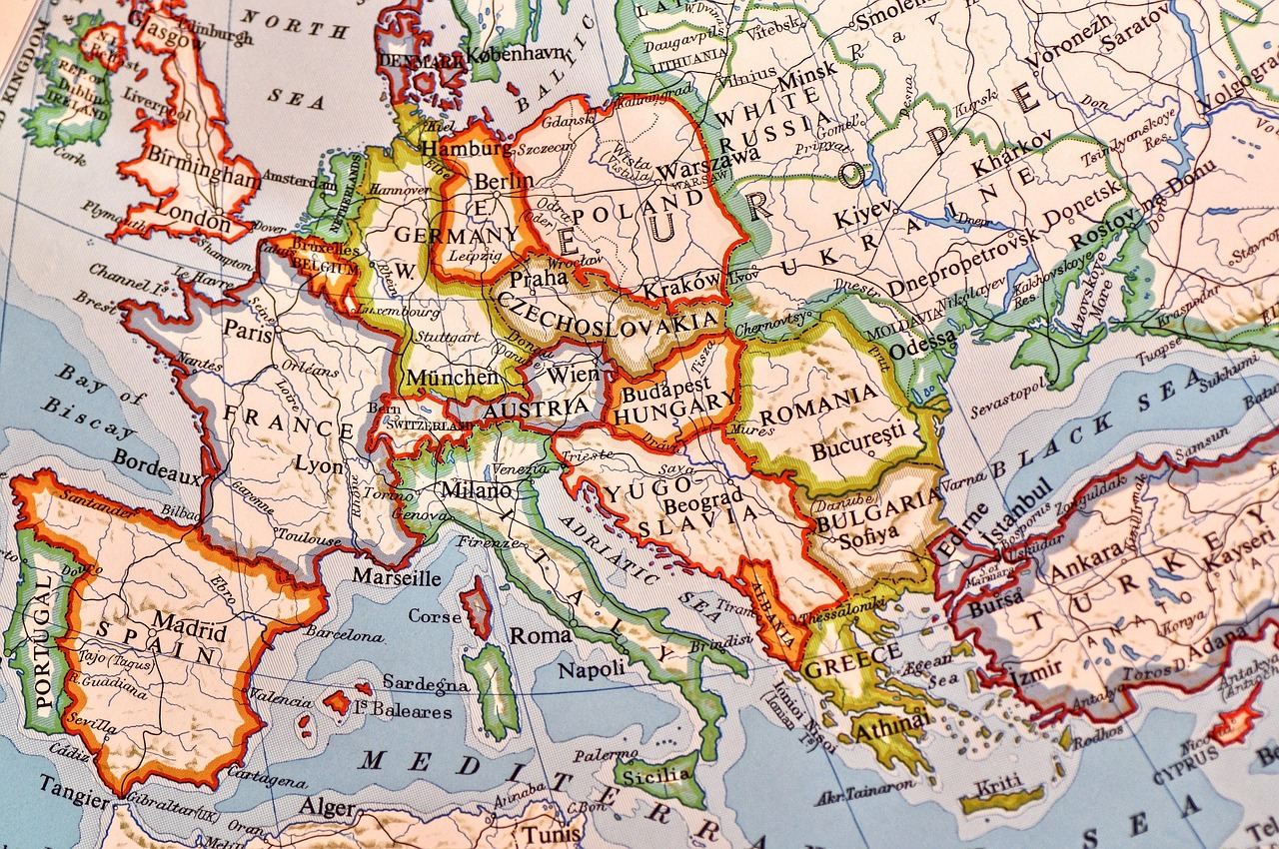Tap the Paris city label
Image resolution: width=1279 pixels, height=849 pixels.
coord(248,333)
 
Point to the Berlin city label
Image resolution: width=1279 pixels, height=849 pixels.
coord(503,182)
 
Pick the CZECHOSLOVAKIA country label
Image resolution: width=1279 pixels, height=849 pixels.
coord(607,313)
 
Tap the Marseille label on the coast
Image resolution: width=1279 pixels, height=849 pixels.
coord(397,577)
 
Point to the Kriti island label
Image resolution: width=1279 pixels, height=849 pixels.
coord(998,782)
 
